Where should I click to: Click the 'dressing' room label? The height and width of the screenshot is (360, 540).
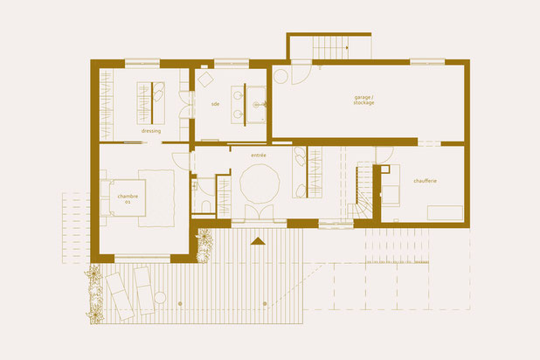pos(150,132)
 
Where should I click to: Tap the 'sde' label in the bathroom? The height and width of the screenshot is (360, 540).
pos(215,106)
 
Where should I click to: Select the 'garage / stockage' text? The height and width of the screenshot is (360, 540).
pos(364,100)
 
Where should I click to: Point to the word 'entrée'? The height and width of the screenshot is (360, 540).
pos(258,156)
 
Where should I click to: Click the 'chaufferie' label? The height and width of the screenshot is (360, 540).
pos(426,180)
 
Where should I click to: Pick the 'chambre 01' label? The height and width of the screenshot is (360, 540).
pos(128,199)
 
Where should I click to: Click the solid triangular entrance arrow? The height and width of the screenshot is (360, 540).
pos(258,239)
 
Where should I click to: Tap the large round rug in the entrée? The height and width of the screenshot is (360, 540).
pos(259,185)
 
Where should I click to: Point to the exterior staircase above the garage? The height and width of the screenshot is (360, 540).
pos(330,45)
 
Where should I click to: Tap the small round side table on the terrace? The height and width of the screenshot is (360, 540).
pos(178,301)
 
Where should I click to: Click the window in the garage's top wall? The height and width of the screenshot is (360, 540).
pos(426,61)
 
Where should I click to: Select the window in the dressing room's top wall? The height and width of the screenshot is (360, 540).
pos(142,61)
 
